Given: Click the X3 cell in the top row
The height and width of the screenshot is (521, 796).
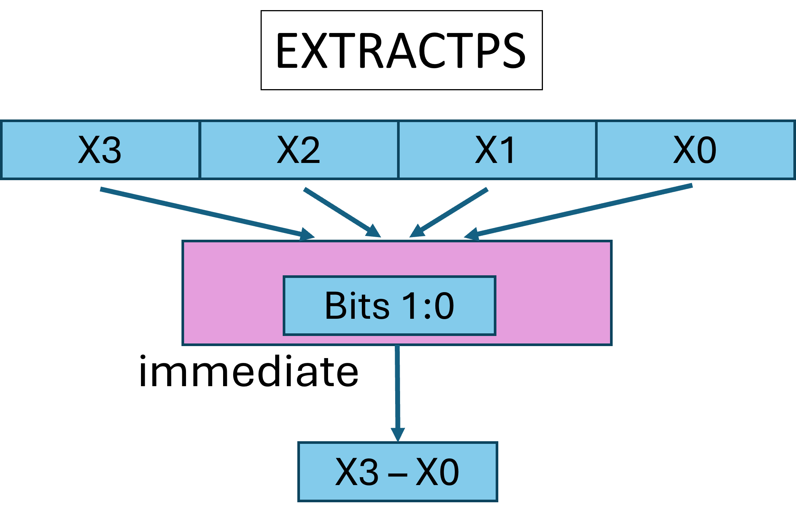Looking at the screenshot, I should pos(100,150).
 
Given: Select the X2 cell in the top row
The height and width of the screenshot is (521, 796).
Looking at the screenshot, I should pos(299,150).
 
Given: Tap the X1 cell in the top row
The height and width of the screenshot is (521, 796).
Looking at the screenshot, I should pos(496,150).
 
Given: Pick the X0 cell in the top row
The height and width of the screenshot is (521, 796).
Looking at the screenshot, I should pos(696,150).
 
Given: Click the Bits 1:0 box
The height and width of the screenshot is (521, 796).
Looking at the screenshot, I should pos(390,306).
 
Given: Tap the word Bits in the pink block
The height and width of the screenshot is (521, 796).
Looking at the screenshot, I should pos(357,306).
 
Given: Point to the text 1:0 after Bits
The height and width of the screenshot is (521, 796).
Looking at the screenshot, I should pos(428,306).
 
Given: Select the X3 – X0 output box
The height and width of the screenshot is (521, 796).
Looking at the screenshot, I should pos(398,472).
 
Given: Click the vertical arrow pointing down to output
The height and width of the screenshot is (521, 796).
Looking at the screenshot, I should pos(397,390).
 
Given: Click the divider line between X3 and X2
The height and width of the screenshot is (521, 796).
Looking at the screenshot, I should pos(200,150).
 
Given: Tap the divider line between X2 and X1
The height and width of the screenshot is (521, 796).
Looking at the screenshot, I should pos(398,150).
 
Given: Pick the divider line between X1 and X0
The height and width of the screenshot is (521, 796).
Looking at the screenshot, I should pos(596,150).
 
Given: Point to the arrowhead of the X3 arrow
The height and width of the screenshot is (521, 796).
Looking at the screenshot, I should pos(307,234).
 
